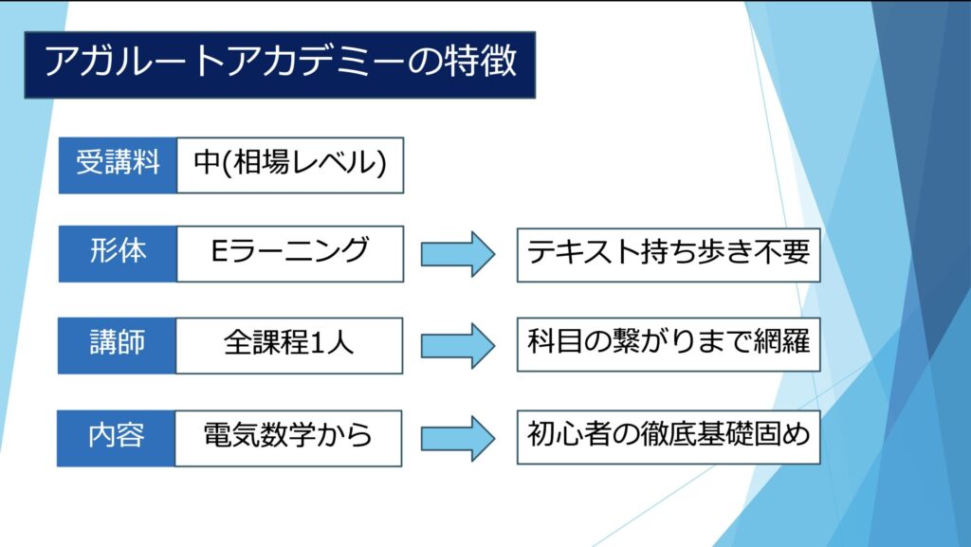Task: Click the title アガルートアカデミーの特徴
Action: pos(280,64)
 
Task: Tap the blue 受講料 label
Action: pos(118,165)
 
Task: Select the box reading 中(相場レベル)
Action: pos(290,165)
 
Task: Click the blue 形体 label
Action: pos(118,253)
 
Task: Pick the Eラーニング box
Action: pos(290,253)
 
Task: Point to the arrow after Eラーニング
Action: pos(458,253)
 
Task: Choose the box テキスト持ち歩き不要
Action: pos(668,253)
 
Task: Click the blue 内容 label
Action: pos(118,437)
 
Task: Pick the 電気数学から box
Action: pos(290,437)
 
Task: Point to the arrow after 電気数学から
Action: pos(458,437)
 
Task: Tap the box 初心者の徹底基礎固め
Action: pos(668,437)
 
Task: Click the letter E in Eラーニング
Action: pos(220,253)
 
